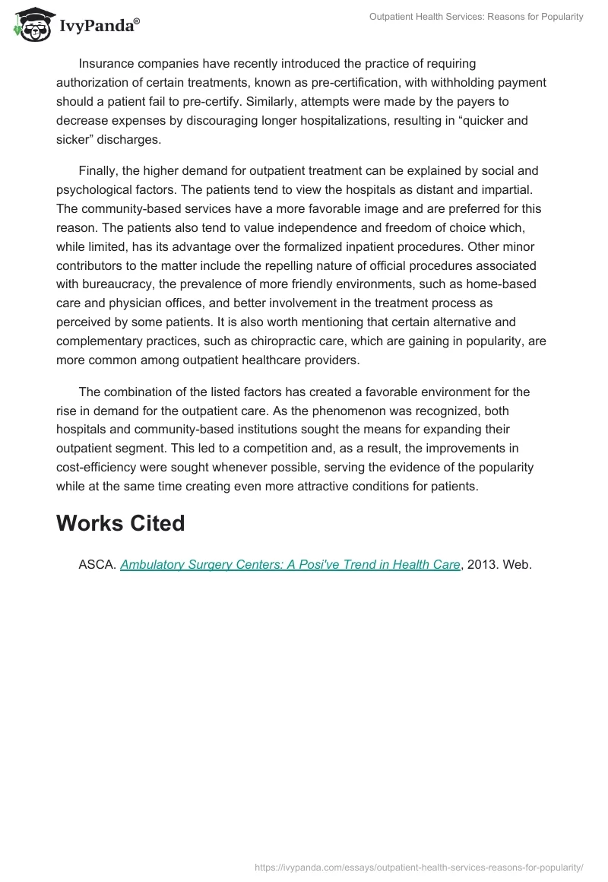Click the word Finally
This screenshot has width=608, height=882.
coord(98,170)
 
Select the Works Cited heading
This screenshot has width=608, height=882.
coord(121,523)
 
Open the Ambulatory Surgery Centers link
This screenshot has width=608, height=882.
coord(290,564)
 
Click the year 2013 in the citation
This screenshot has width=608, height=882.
coord(481,564)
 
